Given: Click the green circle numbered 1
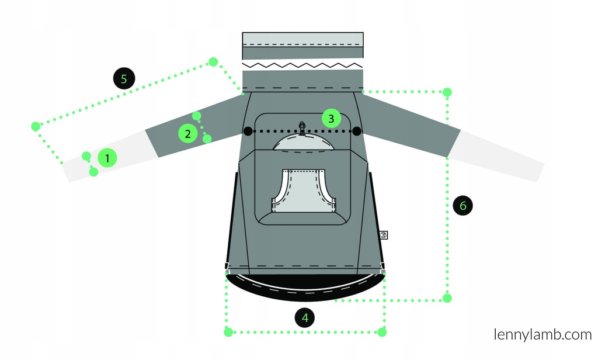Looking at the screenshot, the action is [107, 158].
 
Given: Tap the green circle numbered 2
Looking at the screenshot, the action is [187, 134].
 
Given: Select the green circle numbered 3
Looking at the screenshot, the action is [331, 119].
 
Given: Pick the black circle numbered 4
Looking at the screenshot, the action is [305, 317].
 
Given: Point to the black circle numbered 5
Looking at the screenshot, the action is [124, 79].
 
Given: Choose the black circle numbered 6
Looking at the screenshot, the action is [463, 205].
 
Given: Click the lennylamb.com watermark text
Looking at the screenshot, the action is [543, 334].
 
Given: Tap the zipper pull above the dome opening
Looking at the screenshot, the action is [302, 128].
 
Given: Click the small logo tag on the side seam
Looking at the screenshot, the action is [384, 235].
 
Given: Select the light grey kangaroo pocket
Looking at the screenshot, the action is [303, 191].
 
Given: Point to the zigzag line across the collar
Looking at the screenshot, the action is [303, 65].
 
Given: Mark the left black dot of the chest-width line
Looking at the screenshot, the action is [248, 131].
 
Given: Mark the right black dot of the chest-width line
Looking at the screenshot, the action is [357, 131].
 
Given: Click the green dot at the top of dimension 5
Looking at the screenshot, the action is [213, 62].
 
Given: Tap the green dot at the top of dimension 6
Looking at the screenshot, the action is [447, 92].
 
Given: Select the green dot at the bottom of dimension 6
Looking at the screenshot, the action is [447, 298].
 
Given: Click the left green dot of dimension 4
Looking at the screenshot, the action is [228, 332].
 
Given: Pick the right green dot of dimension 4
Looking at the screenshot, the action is [382, 332].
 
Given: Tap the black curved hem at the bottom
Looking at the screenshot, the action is [305, 292].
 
